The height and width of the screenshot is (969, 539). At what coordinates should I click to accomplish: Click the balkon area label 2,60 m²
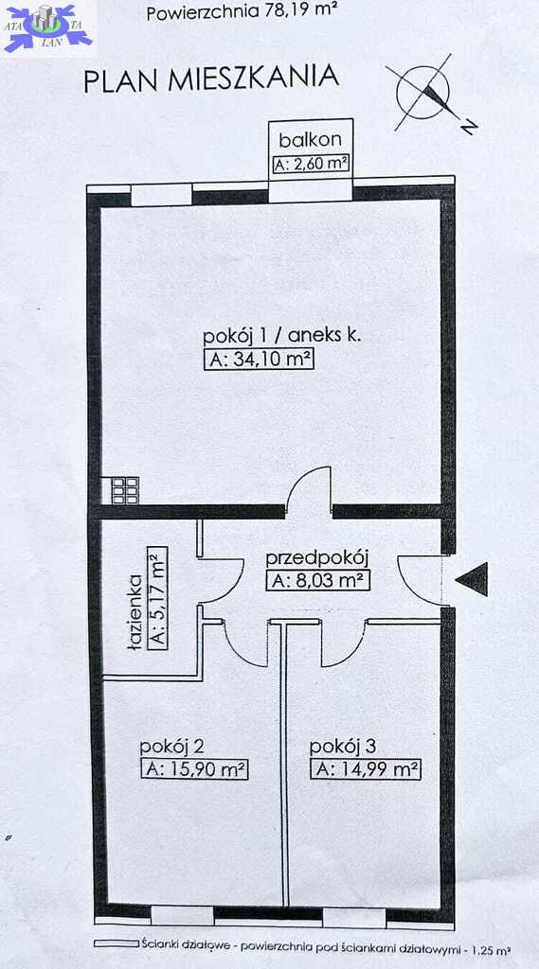(311, 165)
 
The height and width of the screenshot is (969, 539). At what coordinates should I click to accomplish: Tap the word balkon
(310, 140)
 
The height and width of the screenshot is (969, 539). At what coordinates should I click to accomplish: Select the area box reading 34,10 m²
(259, 360)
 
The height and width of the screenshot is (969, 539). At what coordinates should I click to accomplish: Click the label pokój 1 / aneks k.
(282, 337)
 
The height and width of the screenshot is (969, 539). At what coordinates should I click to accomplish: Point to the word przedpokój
(317, 559)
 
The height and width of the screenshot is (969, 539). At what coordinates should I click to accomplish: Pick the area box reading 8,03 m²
(318, 582)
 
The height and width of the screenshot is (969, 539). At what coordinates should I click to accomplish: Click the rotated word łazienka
(136, 612)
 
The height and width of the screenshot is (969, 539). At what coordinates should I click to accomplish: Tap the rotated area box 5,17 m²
(158, 597)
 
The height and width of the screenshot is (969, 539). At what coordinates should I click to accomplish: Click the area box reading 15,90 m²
(194, 770)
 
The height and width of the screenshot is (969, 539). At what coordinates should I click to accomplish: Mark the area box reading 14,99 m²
(367, 770)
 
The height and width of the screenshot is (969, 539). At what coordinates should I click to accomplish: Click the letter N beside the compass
(470, 128)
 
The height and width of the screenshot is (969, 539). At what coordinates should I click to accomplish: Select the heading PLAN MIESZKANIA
(211, 79)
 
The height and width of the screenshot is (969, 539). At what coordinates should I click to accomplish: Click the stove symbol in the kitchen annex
(124, 491)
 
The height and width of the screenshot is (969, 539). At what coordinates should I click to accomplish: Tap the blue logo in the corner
(47, 27)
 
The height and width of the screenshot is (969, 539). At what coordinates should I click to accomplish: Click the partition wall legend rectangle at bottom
(116, 944)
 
